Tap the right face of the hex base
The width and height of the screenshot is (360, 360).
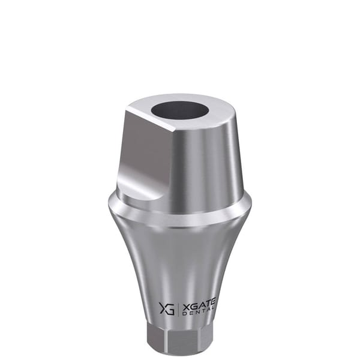[205, 337]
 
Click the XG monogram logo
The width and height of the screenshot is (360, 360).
[167, 309]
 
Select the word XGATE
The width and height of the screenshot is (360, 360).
[199, 307]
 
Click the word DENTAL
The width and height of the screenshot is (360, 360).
[199, 313]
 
